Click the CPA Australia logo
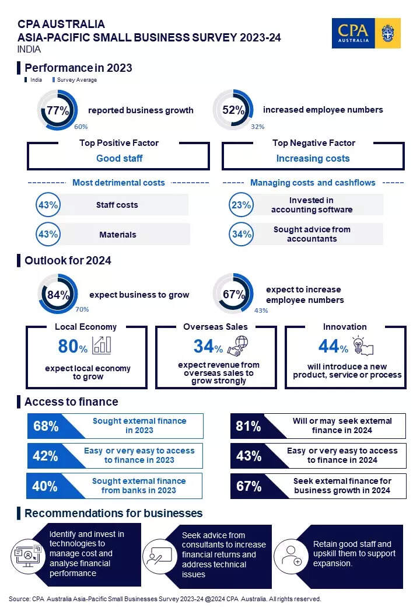pyautogui.click(x=366, y=33)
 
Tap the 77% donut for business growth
pyautogui.click(x=58, y=110)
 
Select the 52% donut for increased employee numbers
pyautogui.click(x=233, y=110)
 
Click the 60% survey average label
pyautogui.click(x=80, y=126)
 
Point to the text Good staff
pyautogui.click(x=119, y=158)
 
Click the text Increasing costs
pyautogui.click(x=313, y=158)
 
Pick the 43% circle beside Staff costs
pyautogui.click(x=48, y=205)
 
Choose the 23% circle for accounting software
pyautogui.click(x=241, y=205)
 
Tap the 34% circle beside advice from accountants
pyautogui.click(x=241, y=234)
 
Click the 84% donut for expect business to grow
pyautogui.click(x=58, y=295)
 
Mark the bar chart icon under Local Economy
pyautogui.click(x=101, y=345)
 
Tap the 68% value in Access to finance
pyautogui.click(x=45, y=426)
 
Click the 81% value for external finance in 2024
pyautogui.click(x=248, y=426)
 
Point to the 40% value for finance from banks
pyautogui.click(x=45, y=486)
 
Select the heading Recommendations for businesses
pyautogui.click(x=113, y=514)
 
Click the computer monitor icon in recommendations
pyautogui.click(x=25, y=555)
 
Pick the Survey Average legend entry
pyautogui.click(x=75, y=80)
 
